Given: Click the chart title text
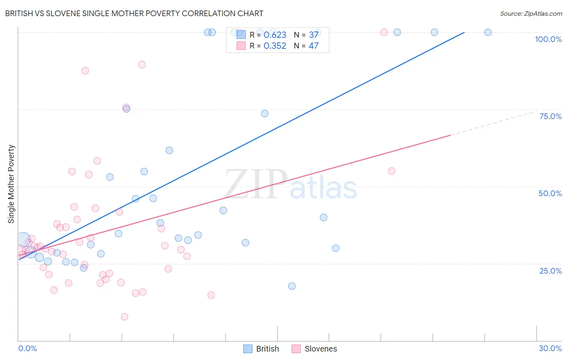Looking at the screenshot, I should pyautogui.click(x=134, y=13).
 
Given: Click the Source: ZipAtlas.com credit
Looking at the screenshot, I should pyautogui.click(x=531, y=13).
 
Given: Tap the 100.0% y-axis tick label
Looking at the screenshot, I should pyautogui.click(x=548, y=39).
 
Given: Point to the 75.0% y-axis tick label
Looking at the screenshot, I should pyautogui.click(x=550, y=116).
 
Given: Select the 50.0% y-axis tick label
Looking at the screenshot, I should pyautogui.click(x=550, y=193).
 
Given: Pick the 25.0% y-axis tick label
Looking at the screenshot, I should pyautogui.click(x=550, y=271).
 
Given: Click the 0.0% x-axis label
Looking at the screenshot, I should pyautogui.click(x=27, y=348).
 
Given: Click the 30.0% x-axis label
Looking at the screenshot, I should pyautogui.click(x=550, y=348).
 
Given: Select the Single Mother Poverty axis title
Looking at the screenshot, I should pyautogui.click(x=11, y=184).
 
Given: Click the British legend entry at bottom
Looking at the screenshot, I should pyautogui.click(x=261, y=349).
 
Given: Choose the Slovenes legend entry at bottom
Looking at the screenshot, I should pyautogui.click(x=314, y=349).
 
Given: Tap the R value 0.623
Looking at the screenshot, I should pyautogui.click(x=275, y=35).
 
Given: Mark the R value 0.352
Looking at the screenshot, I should pyautogui.click(x=275, y=46).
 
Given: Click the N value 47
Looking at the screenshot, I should pyautogui.click(x=313, y=46).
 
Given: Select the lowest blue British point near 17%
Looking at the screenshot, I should pyautogui.click(x=292, y=286).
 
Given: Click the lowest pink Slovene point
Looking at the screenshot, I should pyautogui.click(x=125, y=317).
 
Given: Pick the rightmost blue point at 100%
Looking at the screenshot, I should pyautogui.click(x=488, y=32).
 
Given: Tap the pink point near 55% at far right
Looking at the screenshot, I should pyautogui.click(x=392, y=171).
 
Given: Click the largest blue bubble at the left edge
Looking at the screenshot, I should pyautogui.click(x=23, y=240).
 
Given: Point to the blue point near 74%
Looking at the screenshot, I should pyautogui.click(x=265, y=113).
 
